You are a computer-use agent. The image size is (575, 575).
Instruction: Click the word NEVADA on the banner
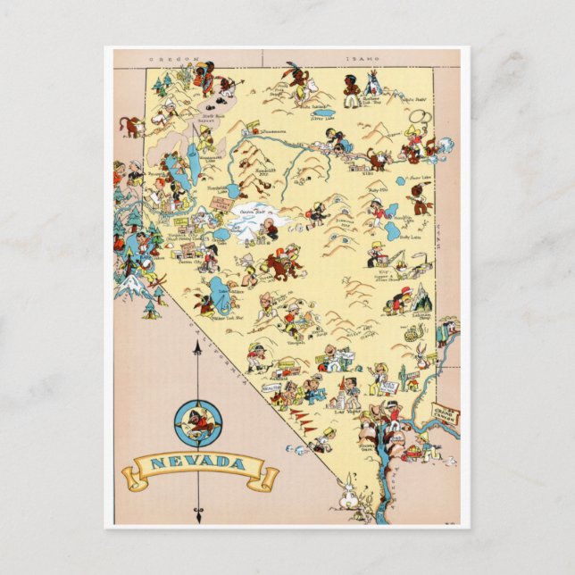[196, 462]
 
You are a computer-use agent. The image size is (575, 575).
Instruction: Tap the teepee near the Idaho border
[371, 82]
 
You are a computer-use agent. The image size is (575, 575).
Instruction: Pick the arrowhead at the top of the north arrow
[197, 346]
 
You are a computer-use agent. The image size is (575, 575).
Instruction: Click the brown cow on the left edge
[132, 125]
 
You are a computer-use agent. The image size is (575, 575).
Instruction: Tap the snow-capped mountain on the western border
[131, 285]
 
